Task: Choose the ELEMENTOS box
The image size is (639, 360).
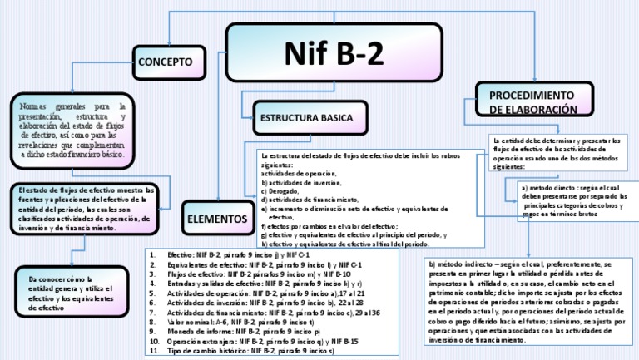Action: click(x=213, y=218)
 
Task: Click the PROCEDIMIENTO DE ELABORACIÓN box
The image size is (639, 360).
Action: click(x=532, y=101)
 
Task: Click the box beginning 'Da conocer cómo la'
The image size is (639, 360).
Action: click(x=69, y=292)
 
